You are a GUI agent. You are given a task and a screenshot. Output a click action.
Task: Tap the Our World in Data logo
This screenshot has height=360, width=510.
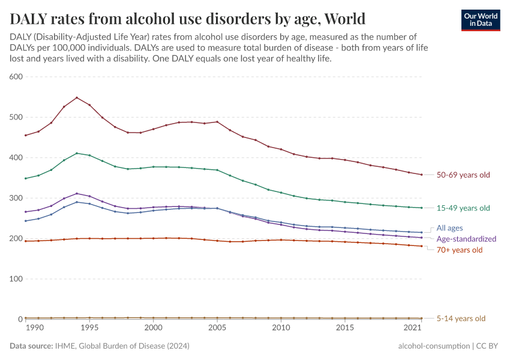point(480,20)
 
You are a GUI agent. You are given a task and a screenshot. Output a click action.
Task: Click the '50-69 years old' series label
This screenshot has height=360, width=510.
point(463,175)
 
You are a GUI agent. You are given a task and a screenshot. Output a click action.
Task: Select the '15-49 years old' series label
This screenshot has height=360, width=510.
point(463,208)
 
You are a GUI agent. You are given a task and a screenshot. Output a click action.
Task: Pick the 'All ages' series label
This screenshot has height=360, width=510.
point(449,228)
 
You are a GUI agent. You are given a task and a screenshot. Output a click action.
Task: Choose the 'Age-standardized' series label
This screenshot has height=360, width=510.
point(466,239)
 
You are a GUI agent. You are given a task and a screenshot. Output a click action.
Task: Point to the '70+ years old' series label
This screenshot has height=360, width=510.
point(460,250)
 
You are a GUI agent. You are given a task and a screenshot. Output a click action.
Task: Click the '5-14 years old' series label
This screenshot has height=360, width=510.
point(461,319)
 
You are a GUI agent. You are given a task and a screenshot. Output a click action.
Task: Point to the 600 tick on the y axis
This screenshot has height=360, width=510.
point(16,77)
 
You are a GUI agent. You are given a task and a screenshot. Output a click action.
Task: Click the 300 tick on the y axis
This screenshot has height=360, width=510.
point(16,198)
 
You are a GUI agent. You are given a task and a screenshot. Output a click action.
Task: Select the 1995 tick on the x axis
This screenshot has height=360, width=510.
point(89,328)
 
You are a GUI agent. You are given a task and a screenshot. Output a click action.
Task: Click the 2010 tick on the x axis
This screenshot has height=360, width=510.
point(281,328)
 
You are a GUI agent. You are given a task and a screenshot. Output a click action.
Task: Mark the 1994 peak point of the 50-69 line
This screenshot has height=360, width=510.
point(77,98)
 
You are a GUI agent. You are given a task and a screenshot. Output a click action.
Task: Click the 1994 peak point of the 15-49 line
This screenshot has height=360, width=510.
point(77,153)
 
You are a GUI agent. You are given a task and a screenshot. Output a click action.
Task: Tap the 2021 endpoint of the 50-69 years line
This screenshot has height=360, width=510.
point(422,175)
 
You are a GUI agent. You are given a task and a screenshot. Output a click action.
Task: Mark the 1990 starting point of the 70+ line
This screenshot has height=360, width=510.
point(26,241)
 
